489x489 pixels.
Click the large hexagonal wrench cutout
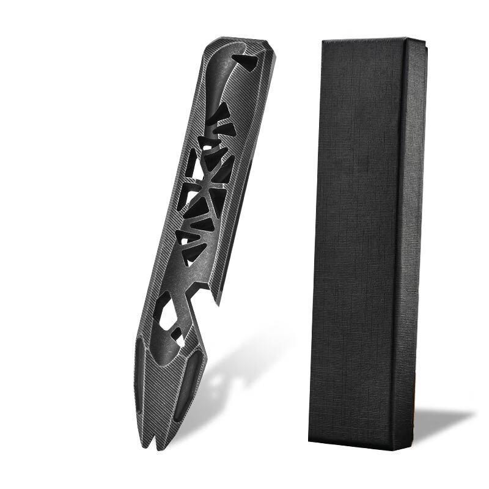tap(164, 312)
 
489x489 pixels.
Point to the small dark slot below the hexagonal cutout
tap(177, 334)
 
